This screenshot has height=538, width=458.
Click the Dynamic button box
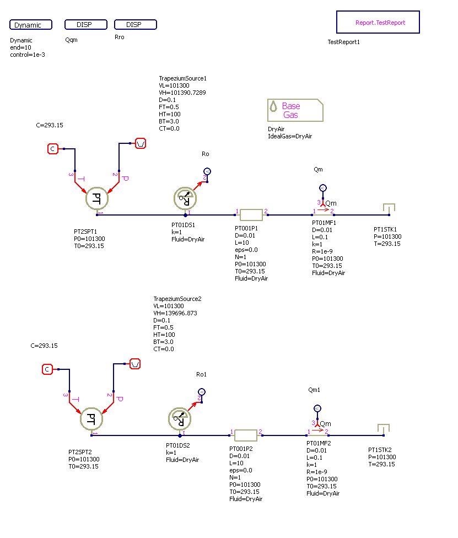31,25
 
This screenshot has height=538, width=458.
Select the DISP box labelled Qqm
86,25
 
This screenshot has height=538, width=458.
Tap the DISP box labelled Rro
136,25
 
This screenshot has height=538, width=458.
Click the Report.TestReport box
378,23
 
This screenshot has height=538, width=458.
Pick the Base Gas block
295,110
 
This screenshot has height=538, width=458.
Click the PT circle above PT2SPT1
98,198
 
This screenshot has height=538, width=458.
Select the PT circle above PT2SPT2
92,418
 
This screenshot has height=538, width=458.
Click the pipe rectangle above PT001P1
251,214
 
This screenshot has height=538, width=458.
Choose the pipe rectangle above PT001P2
246,435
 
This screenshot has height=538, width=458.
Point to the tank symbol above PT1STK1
389,208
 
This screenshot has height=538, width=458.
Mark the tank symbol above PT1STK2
384,428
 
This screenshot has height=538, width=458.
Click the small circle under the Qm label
323,188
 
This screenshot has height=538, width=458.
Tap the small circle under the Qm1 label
317,408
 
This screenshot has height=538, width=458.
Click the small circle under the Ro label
207,171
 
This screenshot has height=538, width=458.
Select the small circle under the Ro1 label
201,391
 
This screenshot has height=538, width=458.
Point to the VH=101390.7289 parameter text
182,93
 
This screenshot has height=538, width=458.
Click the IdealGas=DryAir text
290,136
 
